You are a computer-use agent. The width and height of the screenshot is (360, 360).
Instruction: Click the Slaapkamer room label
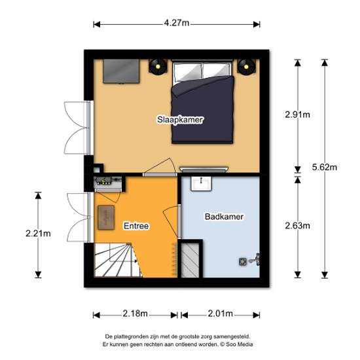tap(180, 120)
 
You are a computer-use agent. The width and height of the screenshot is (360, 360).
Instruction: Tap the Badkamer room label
tap(224, 217)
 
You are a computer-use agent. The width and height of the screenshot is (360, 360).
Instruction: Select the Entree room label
tap(136, 226)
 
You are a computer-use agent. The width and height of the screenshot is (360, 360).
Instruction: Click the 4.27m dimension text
tap(177, 23)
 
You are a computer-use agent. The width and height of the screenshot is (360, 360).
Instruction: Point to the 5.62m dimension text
tap(325, 167)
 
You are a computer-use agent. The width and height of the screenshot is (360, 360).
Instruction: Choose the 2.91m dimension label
tap(298, 115)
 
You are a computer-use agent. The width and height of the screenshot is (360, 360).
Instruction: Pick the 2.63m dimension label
tap(298, 226)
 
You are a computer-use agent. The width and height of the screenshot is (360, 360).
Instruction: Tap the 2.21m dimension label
tap(38, 234)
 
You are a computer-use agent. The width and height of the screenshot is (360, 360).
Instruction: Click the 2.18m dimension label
tap(135, 314)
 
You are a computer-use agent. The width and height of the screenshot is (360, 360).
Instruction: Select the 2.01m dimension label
tap(221, 314)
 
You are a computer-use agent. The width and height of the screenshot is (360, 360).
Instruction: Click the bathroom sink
tap(202, 183)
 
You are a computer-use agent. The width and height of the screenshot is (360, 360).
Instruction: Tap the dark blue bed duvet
tap(203, 110)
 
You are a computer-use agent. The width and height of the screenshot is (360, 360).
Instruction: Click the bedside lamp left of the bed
tap(158, 67)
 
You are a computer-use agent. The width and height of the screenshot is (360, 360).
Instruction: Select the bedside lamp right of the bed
tap(246, 67)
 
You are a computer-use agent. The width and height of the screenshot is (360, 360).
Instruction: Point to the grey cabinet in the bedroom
tap(121, 71)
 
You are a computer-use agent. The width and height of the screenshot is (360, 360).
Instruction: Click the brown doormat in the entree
tap(106, 218)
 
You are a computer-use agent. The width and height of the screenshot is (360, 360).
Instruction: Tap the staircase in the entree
tap(118, 260)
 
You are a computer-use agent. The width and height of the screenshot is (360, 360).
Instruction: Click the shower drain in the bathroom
tap(243, 262)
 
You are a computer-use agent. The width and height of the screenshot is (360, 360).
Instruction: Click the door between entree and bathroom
tap(179, 222)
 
